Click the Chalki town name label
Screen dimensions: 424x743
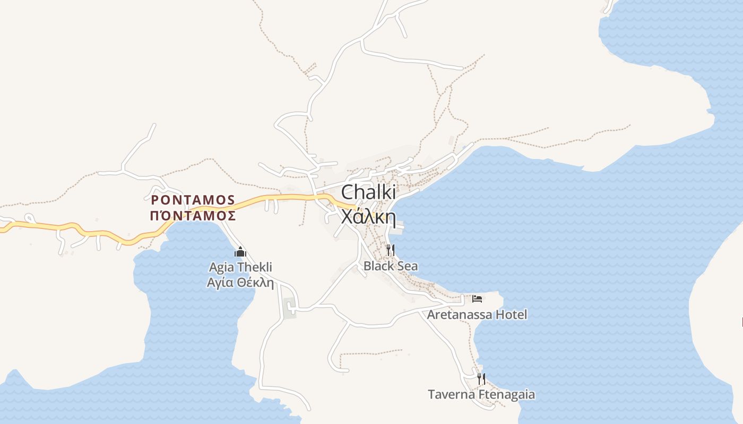pyautogui.click(x=368, y=192)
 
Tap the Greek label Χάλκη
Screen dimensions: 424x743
pyautogui.click(x=368, y=217)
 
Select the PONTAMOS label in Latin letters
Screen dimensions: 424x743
pyautogui.click(x=193, y=200)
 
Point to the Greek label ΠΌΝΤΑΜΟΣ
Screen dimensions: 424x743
pyautogui.click(x=193, y=216)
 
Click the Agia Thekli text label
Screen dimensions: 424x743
pyautogui.click(x=240, y=267)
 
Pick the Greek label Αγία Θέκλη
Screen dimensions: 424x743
pyautogui.click(x=240, y=282)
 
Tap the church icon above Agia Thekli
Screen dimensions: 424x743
pyautogui.click(x=240, y=252)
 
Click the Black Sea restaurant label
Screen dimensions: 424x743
pyautogui.click(x=391, y=266)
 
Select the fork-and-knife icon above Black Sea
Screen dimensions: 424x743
pyautogui.click(x=391, y=250)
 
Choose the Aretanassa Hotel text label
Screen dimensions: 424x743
pyautogui.click(x=477, y=315)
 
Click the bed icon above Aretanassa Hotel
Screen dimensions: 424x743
pyautogui.click(x=477, y=299)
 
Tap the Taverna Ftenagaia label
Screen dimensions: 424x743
pyautogui.click(x=481, y=395)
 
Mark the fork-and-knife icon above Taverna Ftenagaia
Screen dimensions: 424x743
pyautogui.click(x=481, y=379)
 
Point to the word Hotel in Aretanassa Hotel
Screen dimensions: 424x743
pyautogui.click(x=512, y=315)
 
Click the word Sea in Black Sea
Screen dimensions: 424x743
pyautogui.click(x=407, y=266)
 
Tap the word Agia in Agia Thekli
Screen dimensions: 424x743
pyautogui.click(x=221, y=267)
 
